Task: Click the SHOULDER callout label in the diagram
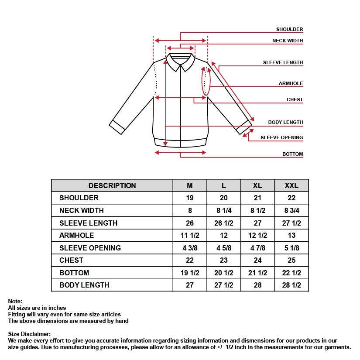coord(289,29)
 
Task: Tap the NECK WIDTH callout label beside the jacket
coord(288,41)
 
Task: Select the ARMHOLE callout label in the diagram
coord(291,83)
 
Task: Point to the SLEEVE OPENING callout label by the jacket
coord(281,137)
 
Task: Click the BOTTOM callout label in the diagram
coord(292,154)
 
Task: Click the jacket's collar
coord(180,61)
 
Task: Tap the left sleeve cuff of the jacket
coord(117,127)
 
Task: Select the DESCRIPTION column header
coord(112,185)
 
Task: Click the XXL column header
coord(291,185)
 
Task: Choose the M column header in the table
coord(190,185)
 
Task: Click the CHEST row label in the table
coord(71,260)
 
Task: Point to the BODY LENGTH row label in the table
coord(84,285)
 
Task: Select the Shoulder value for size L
coord(224,198)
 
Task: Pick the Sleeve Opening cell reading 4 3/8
coord(190,248)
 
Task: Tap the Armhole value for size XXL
coord(291,235)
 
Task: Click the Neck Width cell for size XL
coord(257,210)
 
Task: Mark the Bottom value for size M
coord(190,273)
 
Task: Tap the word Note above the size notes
coord(15,301)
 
